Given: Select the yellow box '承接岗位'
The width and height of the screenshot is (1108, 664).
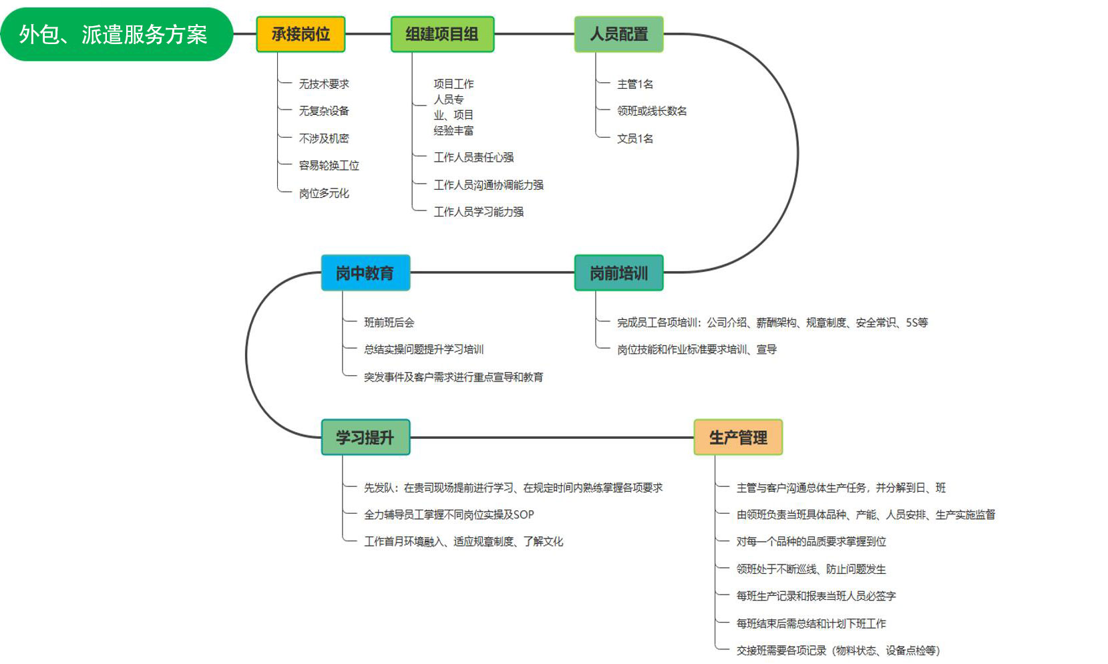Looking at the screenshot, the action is click(301, 34).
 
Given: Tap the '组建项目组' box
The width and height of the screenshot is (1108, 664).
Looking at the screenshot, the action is click(442, 34).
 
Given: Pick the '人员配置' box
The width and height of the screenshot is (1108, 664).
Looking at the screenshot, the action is click(619, 34).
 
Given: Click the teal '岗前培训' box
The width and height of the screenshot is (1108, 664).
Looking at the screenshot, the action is click(619, 273).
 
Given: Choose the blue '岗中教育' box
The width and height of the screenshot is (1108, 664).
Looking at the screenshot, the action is click(365, 273).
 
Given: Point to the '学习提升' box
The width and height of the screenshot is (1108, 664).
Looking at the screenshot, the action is click(365, 437).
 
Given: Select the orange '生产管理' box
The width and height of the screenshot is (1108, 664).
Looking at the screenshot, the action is click(738, 437).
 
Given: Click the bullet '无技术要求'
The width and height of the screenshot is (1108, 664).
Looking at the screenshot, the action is click(324, 84).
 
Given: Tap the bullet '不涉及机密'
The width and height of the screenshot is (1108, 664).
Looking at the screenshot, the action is click(324, 138).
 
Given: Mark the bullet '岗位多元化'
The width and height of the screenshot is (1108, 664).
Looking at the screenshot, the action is click(324, 193).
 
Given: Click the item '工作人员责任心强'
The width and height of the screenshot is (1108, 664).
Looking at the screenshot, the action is click(474, 158).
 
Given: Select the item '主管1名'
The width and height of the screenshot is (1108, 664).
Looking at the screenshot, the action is click(635, 84).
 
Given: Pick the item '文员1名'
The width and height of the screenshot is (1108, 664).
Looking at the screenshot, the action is click(635, 138).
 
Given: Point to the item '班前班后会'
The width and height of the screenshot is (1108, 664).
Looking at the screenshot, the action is click(389, 323).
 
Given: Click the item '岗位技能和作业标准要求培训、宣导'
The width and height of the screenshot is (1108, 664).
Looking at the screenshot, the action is click(697, 349).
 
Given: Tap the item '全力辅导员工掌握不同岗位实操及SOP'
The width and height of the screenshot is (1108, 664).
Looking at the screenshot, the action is click(449, 514).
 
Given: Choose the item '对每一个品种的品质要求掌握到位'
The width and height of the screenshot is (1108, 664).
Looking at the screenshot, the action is click(811, 542).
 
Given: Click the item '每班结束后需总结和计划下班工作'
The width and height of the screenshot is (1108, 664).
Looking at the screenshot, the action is click(811, 623).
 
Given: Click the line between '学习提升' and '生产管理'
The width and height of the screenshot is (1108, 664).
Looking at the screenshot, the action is click(552, 438).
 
